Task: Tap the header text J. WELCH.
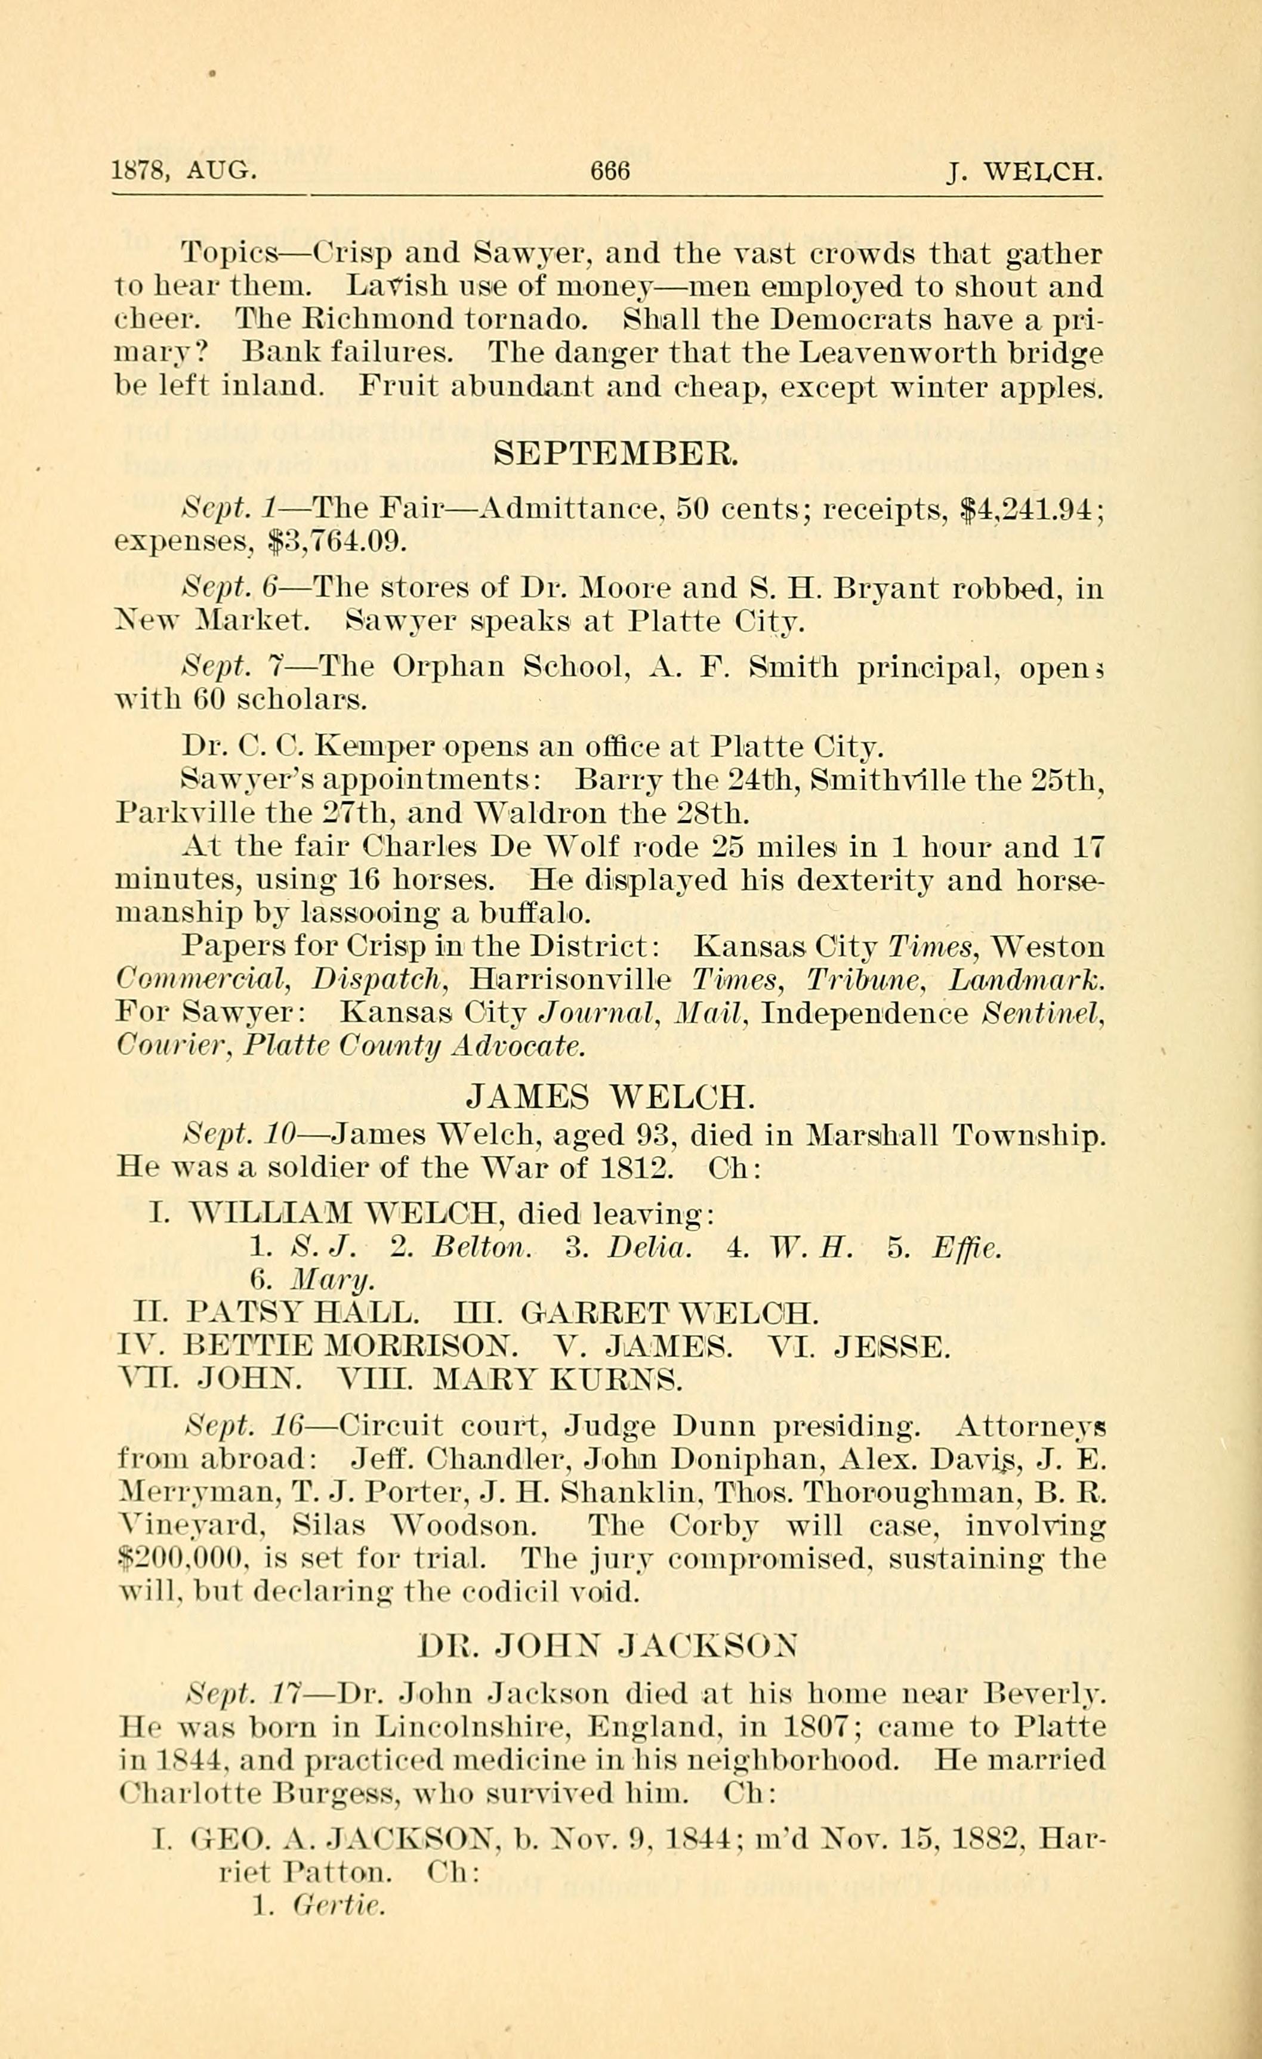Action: coord(1026,172)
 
